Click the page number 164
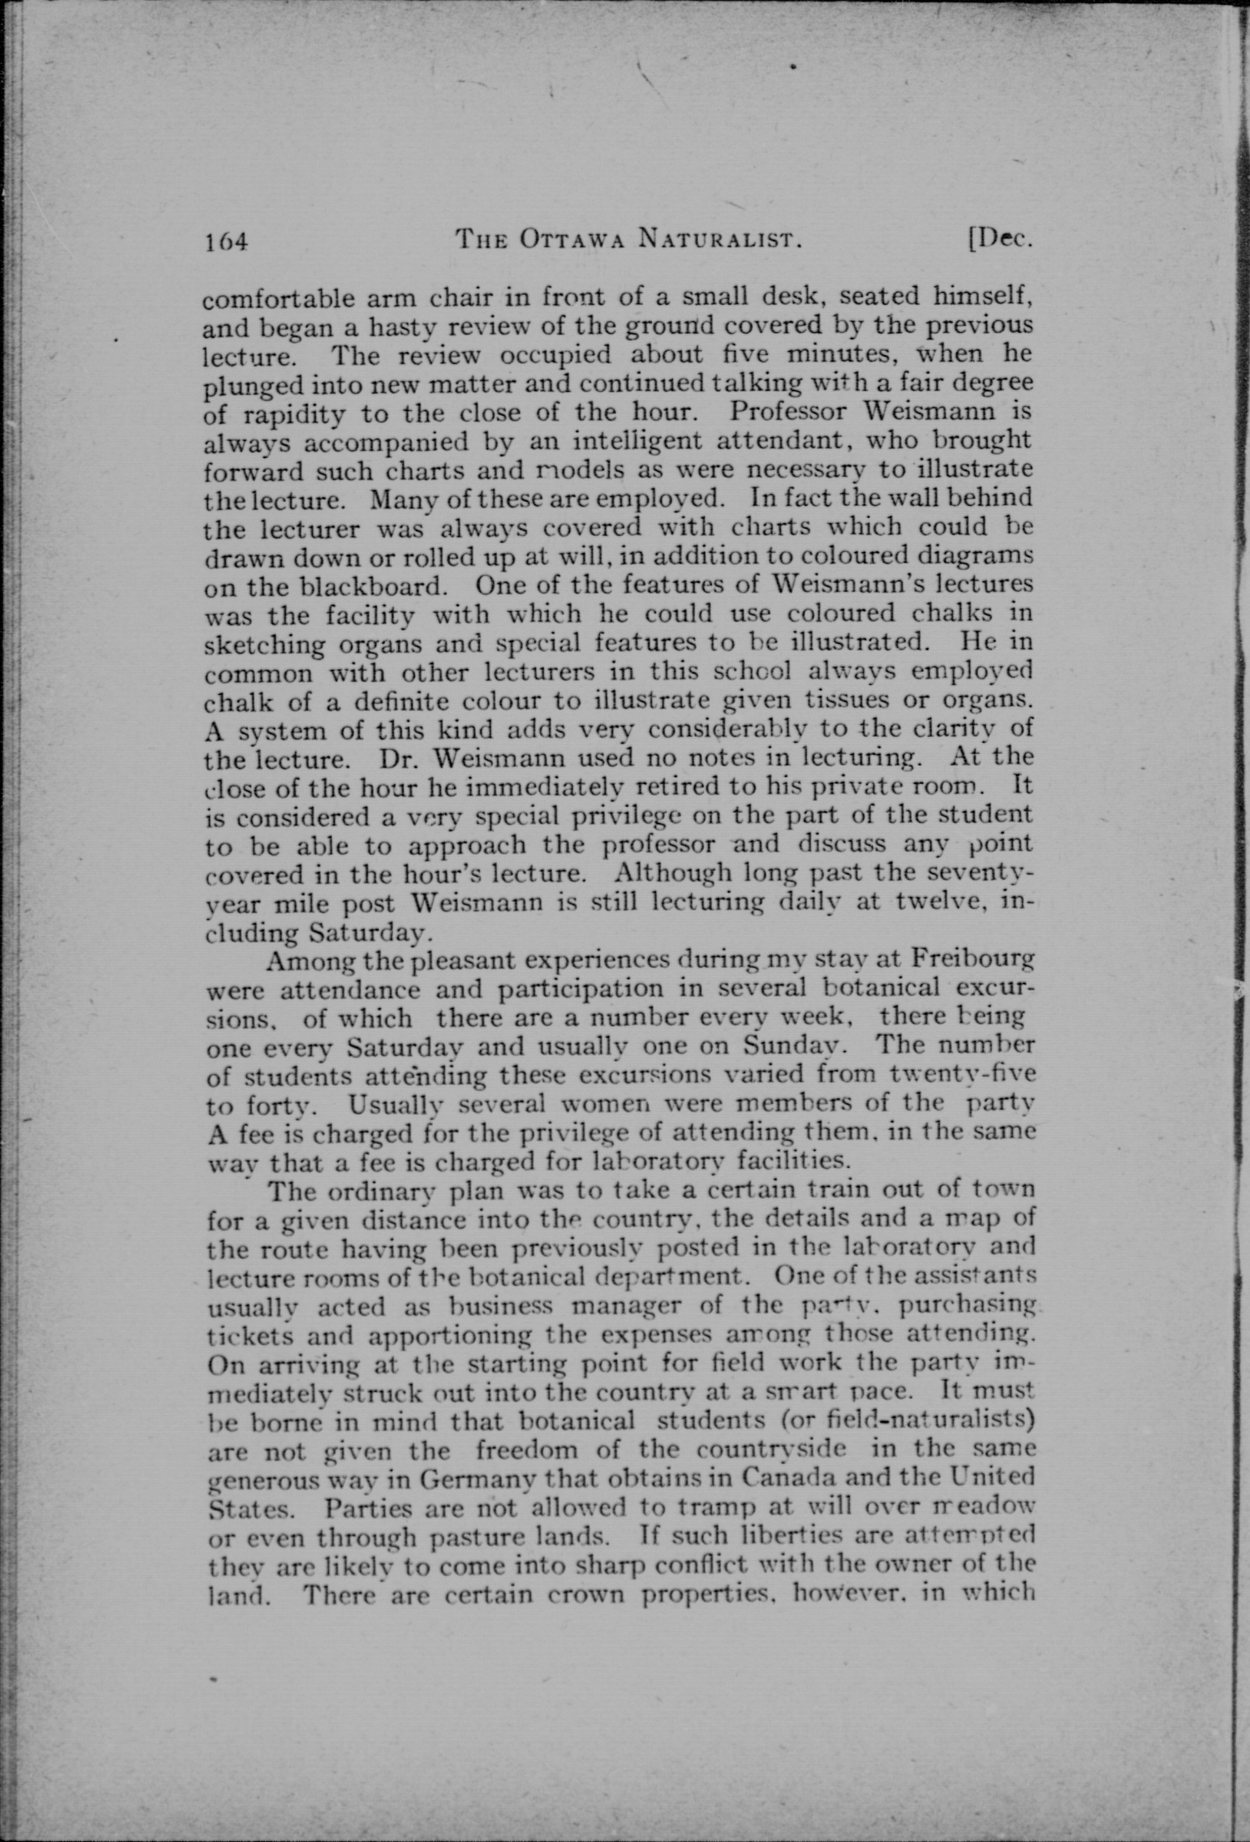tap(226, 240)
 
